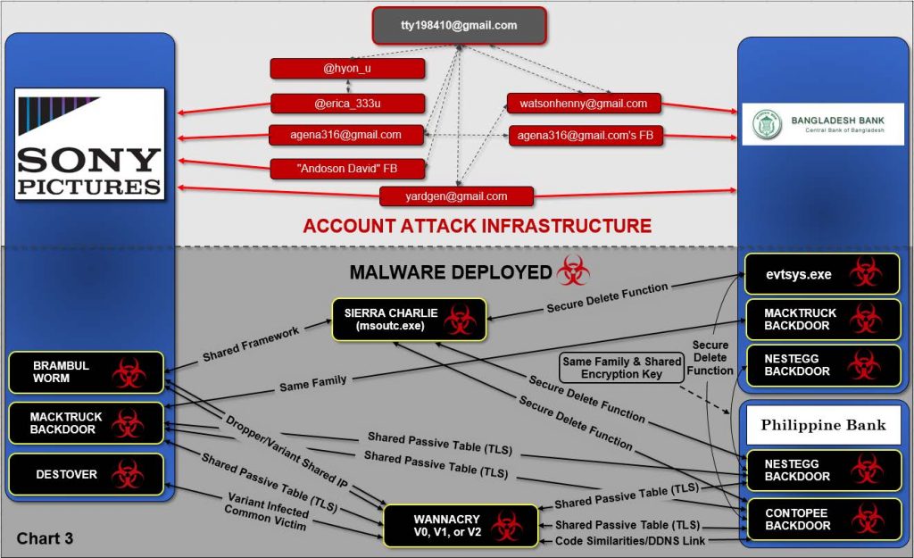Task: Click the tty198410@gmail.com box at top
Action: point(459,25)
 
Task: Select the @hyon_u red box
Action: point(346,69)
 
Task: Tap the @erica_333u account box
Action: point(346,104)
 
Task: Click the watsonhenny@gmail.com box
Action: point(584,104)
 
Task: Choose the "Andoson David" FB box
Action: point(346,167)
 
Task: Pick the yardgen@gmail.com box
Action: point(456,196)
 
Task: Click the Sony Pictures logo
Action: point(89,144)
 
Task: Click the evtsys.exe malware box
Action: point(822,274)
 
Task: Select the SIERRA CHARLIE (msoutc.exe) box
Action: point(410,320)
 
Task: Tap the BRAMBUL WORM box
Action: point(86,372)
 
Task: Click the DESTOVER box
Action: point(86,474)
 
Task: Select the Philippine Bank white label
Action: point(822,425)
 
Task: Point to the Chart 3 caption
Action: point(46,539)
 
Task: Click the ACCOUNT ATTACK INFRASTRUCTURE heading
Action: point(477,226)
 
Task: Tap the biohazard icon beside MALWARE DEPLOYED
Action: point(574,271)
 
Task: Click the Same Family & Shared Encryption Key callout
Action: point(620,367)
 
